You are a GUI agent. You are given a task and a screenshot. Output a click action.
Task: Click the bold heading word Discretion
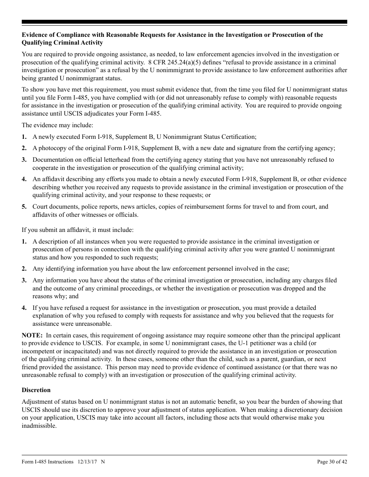[x=36, y=390]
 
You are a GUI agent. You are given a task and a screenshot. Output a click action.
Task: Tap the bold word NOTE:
[x=32, y=335]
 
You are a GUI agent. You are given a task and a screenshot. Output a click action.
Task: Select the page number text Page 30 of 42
[x=332, y=461]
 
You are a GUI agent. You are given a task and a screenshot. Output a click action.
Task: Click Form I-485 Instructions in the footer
[x=47, y=461]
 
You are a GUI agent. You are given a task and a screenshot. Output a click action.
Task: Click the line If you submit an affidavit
[x=78, y=230]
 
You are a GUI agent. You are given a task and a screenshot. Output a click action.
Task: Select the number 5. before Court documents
[x=24, y=206]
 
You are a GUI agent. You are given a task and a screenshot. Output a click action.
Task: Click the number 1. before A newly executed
[x=24, y=137]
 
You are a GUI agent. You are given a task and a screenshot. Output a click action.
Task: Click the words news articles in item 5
[x=155, y=206]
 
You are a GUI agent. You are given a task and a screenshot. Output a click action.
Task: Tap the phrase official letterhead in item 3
[x=96, y=159]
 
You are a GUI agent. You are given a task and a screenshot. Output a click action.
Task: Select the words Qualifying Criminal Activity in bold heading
[x=62, y=43]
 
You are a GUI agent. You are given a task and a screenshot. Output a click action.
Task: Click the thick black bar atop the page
[x=184, y=22]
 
